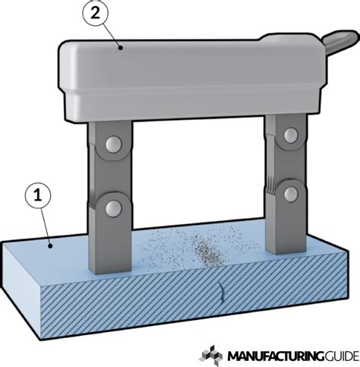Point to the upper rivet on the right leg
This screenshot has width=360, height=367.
(289, 135)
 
